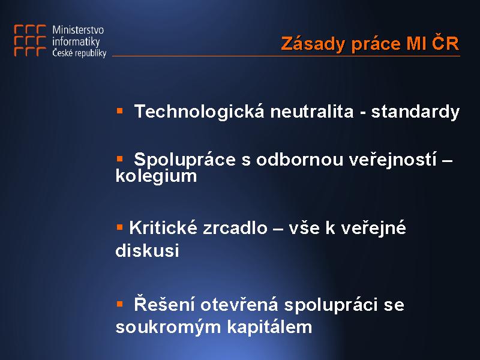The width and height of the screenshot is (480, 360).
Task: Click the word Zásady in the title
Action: click(x=313, y=44)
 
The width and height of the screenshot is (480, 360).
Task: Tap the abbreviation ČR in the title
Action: click(x=445, y=42)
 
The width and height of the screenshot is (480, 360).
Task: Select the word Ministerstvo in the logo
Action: click(x=78, y=29)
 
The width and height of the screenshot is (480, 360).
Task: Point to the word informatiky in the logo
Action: click(x=76, y=41)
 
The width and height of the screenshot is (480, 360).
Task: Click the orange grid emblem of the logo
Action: click(x=30, y=40)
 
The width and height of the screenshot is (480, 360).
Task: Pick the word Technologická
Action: click(x=199, y=111)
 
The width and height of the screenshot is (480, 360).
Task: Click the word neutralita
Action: click(x=311, y=112)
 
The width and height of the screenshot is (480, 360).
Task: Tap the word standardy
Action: click(x=415, y=112)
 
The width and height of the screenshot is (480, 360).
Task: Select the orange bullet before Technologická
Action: click(x=119, y=110)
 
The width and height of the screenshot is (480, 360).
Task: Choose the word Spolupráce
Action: click(x=185, y=160)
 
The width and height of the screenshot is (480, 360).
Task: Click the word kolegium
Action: click(x=156, y=176)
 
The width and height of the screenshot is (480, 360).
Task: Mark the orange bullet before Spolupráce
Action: click(x=119, y=158)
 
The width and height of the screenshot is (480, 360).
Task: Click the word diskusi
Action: click(x=147, y=250)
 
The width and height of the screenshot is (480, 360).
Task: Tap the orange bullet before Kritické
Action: click(x=119, y=227)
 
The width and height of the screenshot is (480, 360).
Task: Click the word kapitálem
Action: click(x=269, y=326)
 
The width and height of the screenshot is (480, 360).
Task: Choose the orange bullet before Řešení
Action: click(x=119, y=304)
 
